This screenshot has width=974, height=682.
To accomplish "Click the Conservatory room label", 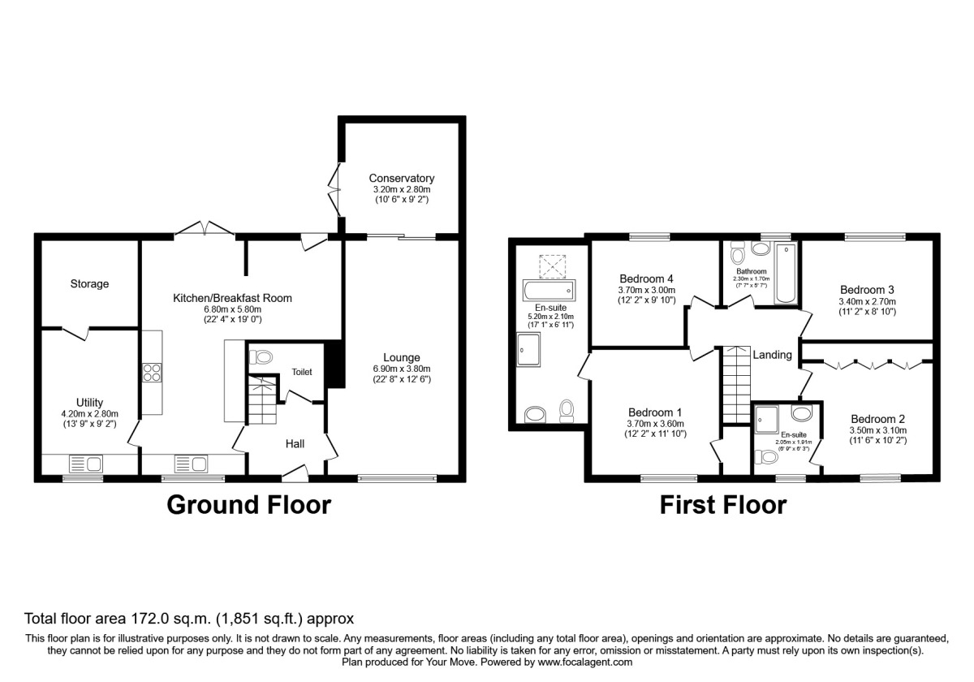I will [x=401, y=179].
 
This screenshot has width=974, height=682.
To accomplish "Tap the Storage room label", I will [x=89, y=284].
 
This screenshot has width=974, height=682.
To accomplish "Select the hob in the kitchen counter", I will [x=152, y=373].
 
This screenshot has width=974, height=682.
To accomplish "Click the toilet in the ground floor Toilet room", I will [x=261, y=356].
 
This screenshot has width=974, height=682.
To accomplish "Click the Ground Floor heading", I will [x=248, y=505].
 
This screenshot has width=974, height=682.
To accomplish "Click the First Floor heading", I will [x=722, y=505].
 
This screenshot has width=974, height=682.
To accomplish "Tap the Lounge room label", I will [x=401, y=357].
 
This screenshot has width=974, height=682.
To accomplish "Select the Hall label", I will [x=294, y=444].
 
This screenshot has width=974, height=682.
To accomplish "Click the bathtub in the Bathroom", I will [x=787, y=274].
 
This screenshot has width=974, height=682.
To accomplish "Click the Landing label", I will [x=772, y=355].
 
